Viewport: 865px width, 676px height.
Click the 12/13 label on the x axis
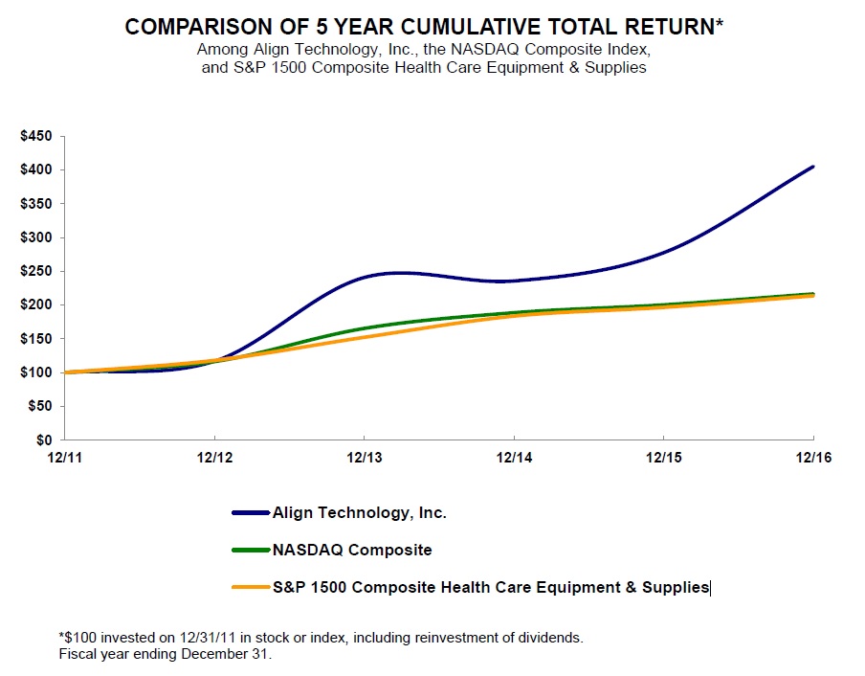tap(364, 458)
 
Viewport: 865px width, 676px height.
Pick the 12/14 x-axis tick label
tap(514, 458)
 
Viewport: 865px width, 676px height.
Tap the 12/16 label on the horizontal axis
tap(813, 458)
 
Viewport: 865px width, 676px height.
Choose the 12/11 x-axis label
tap(65, 458)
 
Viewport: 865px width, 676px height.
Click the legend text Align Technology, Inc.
tap(359, 513)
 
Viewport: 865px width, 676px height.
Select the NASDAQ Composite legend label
tap(351, 551)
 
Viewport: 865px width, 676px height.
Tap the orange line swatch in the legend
tap(251, 588)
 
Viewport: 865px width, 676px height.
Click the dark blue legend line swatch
tap(251, 513)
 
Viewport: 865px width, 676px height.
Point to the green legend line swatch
tap(251, 551)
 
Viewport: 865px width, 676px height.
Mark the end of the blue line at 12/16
tap(813, 167)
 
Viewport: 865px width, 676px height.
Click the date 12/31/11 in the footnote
tap(178, 638)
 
